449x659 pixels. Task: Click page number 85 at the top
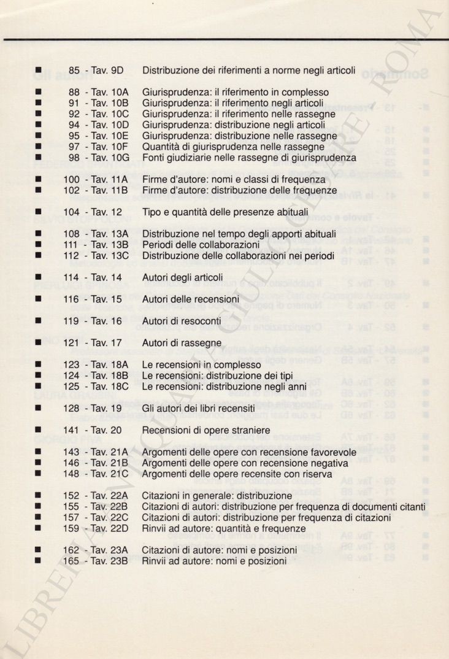[x=74, y=71]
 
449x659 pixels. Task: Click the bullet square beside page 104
[x=38, y=212]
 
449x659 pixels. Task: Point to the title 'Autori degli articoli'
[x=182, y=277]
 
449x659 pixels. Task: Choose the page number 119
[x=71, y=321]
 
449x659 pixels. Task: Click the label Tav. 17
[x=107, y=343]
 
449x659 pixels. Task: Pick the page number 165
[x=71, y=561]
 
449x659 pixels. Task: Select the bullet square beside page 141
[x=38, y=430]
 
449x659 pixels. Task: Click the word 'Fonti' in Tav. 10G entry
[x=153, y=158]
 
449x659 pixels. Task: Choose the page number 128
[x=71, y=408]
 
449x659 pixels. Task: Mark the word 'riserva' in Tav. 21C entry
[x=317, y=474]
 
